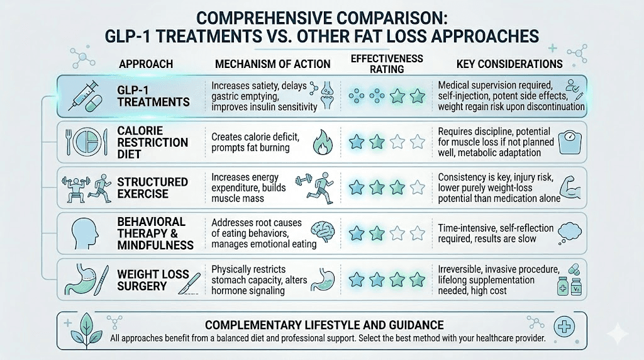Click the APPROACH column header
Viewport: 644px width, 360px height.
145,64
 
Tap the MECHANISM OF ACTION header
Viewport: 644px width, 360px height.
272,64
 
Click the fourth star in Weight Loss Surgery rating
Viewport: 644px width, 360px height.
417,279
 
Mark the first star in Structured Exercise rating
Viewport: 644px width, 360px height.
356,187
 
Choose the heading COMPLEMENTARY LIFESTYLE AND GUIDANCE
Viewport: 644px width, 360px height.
325,325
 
